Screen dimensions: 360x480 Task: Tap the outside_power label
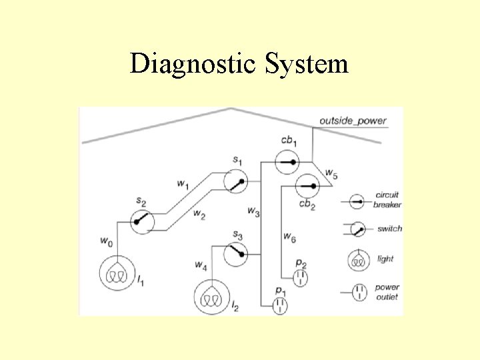coord(353,121)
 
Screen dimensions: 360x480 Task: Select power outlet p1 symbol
coord(280,305)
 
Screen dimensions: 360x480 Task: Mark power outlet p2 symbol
coord(300,275)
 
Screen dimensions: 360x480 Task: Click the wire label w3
coord(253,211)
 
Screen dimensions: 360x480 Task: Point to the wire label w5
coord(331,174)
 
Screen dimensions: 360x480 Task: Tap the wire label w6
coord(289,235)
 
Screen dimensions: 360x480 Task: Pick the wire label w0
coord(105,239)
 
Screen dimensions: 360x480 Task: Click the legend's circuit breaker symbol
coord(357,200)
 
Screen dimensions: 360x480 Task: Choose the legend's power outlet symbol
coord(359,291)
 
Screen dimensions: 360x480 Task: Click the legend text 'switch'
coord(389,229)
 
